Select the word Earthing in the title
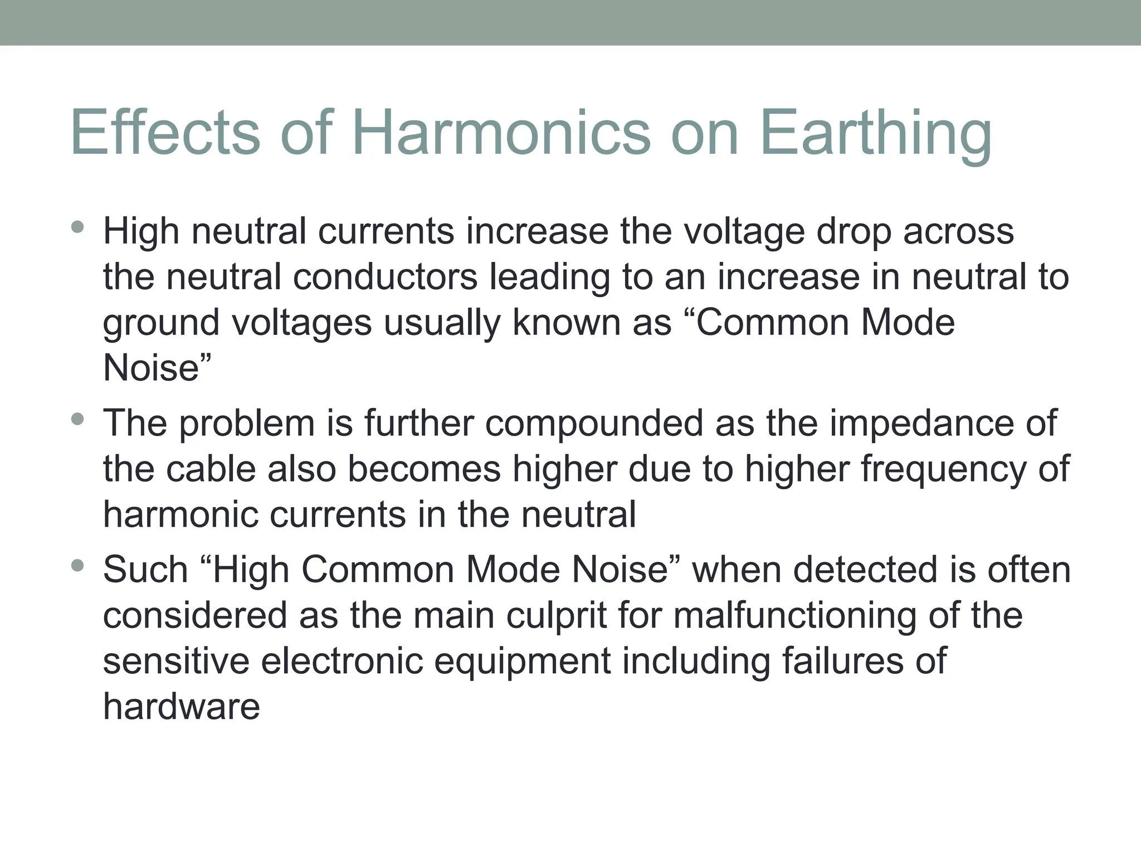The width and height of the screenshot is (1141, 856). point(875,134)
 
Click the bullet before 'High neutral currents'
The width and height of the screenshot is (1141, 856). point(77,227)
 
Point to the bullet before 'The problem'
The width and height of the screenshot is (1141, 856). point(77,419)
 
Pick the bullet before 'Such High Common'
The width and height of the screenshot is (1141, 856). point(77,566)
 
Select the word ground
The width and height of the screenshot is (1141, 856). point(161,324)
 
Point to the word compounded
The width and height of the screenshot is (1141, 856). point(594,423)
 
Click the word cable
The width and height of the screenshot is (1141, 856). point(211,469)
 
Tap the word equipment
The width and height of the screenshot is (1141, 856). point(522,662)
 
